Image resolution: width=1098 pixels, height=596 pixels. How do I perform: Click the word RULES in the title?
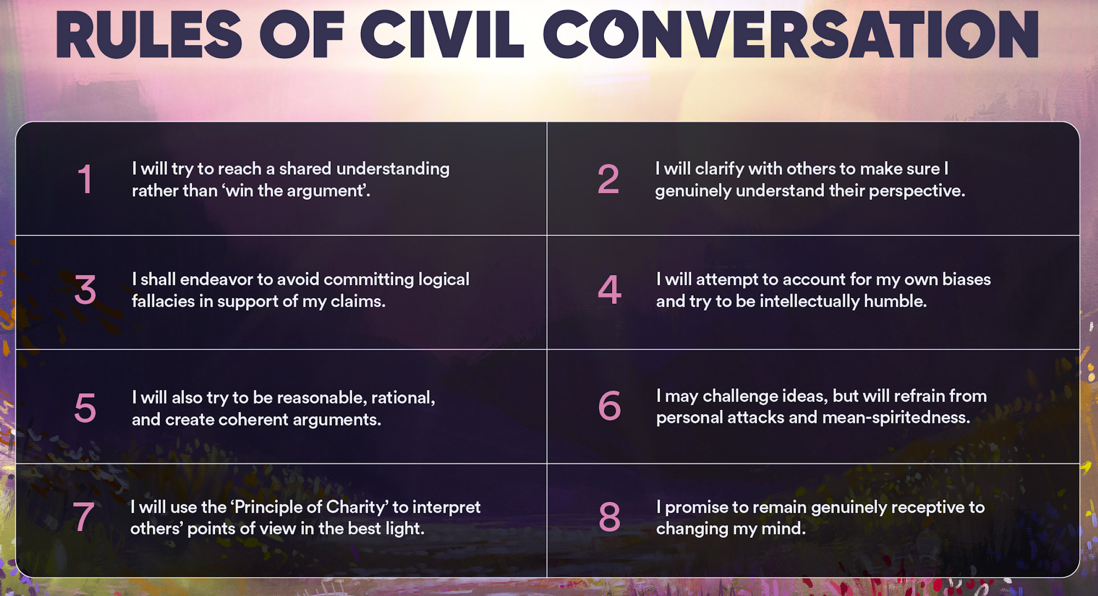[149, 35]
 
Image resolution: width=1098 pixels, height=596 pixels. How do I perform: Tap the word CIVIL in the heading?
[442, 35]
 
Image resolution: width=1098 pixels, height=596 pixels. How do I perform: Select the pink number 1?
[85, 179]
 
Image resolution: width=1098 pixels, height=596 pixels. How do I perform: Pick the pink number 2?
[608, 179]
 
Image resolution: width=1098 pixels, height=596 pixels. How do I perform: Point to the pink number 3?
[85, 289]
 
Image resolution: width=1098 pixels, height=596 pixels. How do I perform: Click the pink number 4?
[609, 289]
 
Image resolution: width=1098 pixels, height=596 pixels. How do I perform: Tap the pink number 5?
[85, 408]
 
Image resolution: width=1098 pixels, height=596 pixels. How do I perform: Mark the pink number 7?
[83, 516]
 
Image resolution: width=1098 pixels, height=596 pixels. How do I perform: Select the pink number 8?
[609, 516]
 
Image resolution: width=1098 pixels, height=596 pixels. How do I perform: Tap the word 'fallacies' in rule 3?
[163, 301]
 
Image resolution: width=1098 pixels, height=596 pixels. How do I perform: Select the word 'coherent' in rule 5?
[253, 419]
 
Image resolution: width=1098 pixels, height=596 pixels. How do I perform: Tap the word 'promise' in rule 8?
[697, 508]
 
